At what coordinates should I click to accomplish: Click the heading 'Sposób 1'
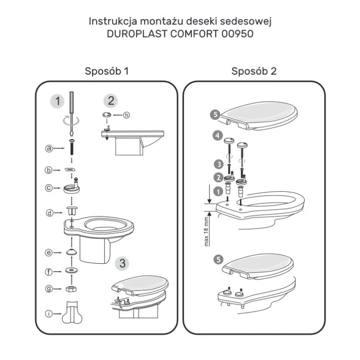point(107,71)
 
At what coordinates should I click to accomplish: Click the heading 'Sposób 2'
point(254,71)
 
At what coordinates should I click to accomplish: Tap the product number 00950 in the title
point(238,34)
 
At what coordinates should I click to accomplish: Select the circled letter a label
point(49,148)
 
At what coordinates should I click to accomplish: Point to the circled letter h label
point(126,115)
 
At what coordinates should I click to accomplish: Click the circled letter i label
point(49,314)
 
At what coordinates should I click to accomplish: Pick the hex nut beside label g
point(71,289)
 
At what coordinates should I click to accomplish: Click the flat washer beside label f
point(72,270)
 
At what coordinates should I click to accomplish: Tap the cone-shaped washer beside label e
point(72,252)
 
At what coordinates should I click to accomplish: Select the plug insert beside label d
point(72,211)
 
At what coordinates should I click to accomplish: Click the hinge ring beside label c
point(72,188)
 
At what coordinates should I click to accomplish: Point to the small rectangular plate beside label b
point(70,170)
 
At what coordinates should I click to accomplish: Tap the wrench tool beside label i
point(72,313)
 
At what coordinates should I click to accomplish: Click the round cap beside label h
point(107,115)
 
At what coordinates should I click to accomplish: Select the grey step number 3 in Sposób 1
point(122,263)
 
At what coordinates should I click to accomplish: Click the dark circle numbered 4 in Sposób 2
point(217,135)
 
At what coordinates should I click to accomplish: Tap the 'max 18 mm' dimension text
point(206,232)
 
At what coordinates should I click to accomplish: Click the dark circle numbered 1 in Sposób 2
point(218,192)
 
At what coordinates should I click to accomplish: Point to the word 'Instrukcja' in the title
point(113,21)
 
